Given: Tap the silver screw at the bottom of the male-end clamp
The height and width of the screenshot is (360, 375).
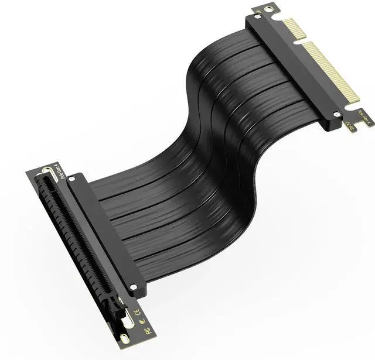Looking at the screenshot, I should pos(336,115).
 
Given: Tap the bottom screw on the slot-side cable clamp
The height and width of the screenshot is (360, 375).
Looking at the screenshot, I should pos(134,287).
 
